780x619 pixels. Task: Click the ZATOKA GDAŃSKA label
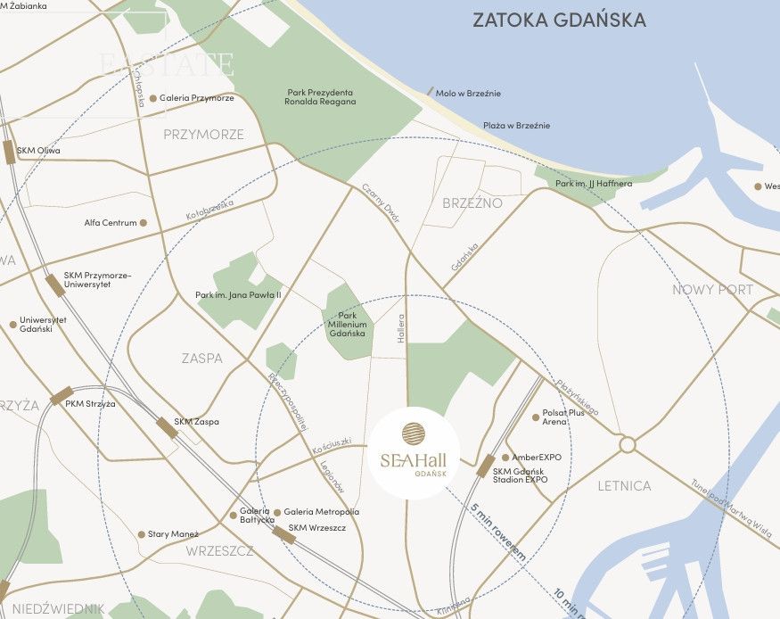(x=559, y=21)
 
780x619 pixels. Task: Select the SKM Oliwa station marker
(x=9, y=153)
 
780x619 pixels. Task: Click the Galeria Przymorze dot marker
(x=153, y=99)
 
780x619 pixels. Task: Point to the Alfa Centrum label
(x=111, y=223)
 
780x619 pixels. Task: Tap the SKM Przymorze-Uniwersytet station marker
(x=55, y=285)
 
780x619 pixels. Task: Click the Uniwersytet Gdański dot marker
(x=12, y=325)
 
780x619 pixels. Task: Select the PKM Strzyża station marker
(x=62, y=396)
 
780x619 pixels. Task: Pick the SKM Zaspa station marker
(x=168, y=428)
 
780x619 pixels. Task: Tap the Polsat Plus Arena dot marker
(x=536, y=417)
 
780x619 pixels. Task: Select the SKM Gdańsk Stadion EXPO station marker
(x=486, y=466)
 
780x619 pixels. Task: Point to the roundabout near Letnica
(x=627, y=444)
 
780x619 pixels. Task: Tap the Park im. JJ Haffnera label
(x=593, y=184)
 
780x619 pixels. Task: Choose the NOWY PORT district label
(x=712, y=290)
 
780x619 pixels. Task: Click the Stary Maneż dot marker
(x=141, y=535)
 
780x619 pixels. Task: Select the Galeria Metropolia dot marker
(x=277, y=513)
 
